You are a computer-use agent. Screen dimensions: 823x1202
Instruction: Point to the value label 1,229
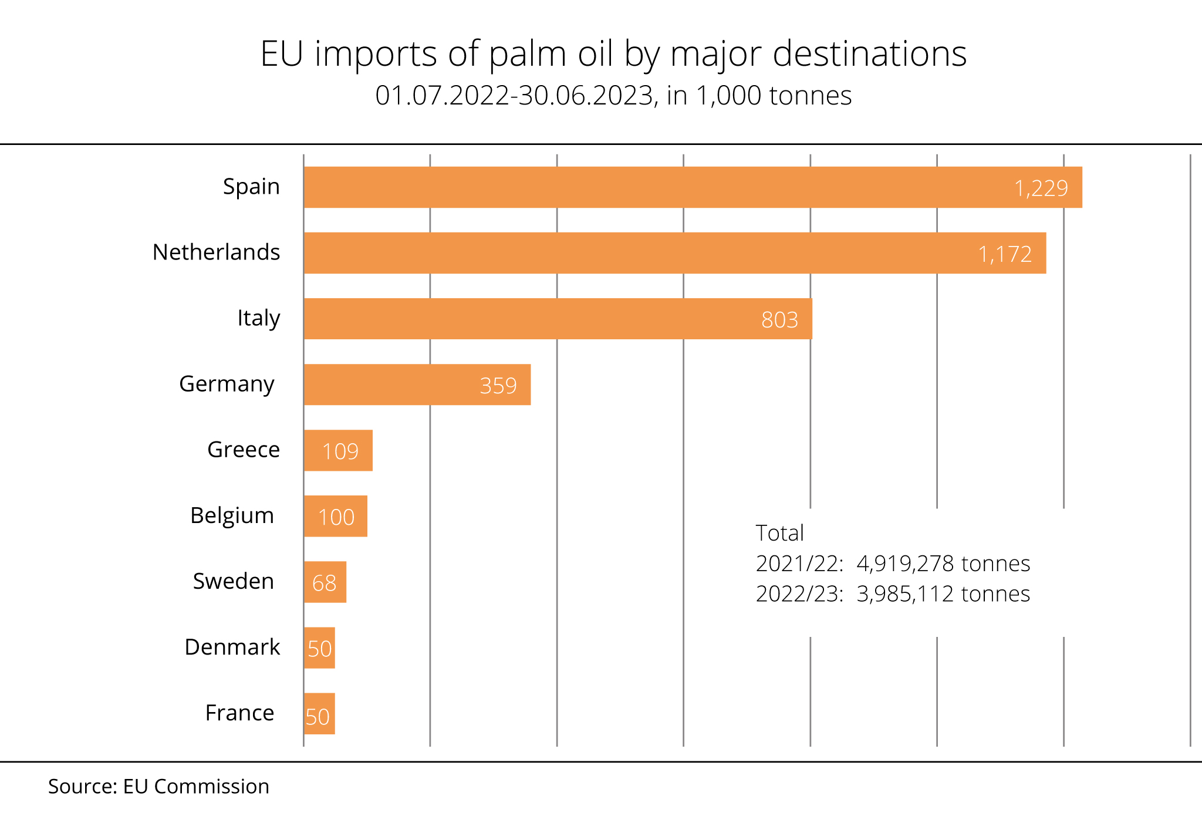click(1041, 188)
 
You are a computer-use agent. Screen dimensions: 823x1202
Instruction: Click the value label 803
click(779, 320)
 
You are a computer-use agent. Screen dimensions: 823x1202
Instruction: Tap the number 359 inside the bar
click(498, 386)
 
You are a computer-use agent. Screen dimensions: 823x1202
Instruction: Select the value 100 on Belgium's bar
click(336, 517)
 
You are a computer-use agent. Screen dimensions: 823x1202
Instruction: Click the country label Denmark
click(232, 647)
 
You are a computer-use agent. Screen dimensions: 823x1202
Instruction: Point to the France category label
click(239, 713)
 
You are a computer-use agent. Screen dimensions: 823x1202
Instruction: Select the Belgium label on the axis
click(232, 515)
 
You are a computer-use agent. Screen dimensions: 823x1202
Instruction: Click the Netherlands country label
click(216, 252)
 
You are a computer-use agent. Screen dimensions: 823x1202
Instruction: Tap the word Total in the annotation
click(779, 533)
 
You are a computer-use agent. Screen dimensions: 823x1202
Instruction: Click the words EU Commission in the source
click(196, 787)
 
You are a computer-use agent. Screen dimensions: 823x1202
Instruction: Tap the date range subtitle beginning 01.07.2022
click(613, 96)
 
